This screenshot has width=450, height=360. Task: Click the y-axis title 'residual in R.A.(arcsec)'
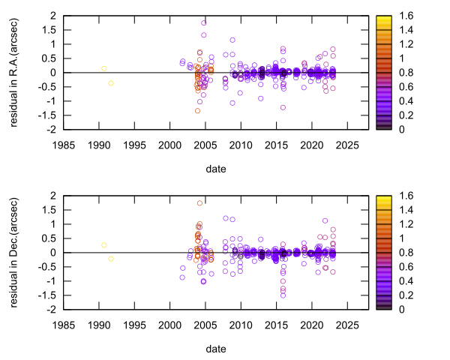pyautogui.click(x=15, y=72)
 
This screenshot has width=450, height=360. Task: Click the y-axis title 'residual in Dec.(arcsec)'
pyautogui.click(x=15, y=252)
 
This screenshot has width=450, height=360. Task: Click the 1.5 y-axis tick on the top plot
pyautogui.click(x=49, y=29)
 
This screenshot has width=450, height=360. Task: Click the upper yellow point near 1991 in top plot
pyautogui.click(x=104, y=68)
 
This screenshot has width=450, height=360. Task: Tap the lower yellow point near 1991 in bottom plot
pyautogui.click(x=111, y=259)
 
